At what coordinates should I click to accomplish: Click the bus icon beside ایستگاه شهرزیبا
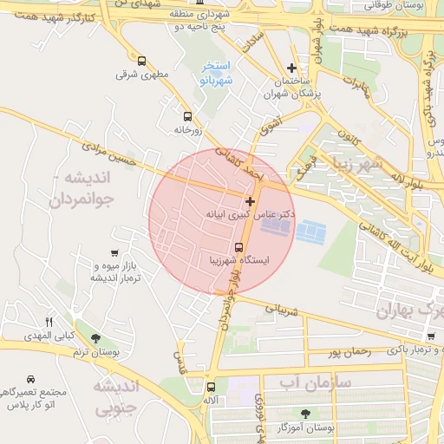[x=239, y=246]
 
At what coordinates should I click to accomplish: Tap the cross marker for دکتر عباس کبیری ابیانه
[x=251, y=200]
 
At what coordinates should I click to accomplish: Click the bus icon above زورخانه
[x=187, y=116]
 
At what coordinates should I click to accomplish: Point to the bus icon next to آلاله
[x=211, y=388]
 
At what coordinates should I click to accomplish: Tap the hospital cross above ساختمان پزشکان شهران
[x=292, y=68]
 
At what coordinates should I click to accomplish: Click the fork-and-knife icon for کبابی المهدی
[x=49, y=322]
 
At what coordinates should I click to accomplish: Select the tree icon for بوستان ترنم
[x=95, y=338]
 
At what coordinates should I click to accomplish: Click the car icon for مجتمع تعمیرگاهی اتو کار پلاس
[x=31, y=380]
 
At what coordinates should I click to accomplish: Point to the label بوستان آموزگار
[x=305, y=428]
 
